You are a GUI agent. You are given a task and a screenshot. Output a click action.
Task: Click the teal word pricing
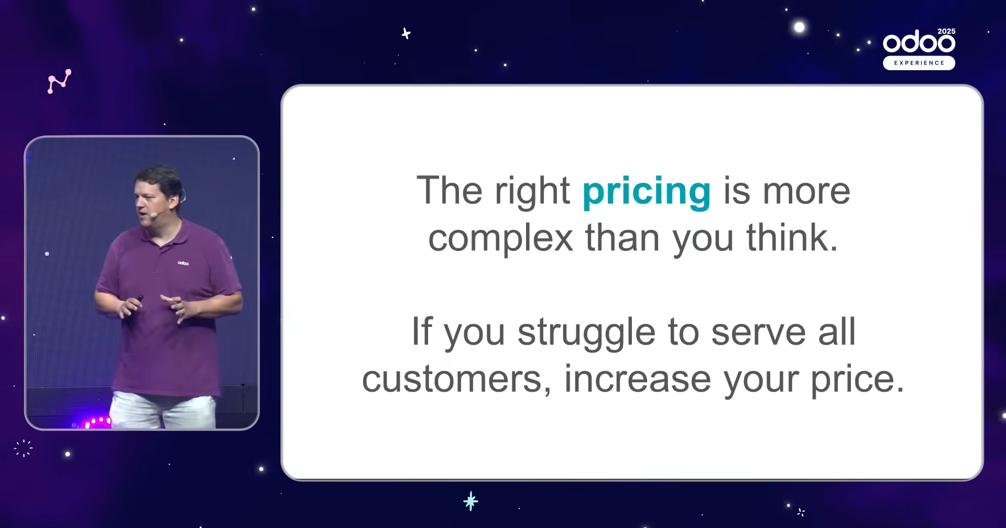pos(647,193)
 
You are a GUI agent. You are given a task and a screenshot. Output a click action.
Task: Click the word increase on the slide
pos(638,379)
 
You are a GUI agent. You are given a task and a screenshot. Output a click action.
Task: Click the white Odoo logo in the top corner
pos(919,42)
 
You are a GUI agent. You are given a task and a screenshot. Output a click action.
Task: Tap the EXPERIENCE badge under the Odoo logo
pos(919,63)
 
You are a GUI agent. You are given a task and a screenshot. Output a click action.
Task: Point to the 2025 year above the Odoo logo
pos(946,31)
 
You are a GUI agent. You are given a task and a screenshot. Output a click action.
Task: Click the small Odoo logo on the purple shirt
pos(183,263)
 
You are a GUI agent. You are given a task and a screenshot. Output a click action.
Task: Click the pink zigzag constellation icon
pos(59,81)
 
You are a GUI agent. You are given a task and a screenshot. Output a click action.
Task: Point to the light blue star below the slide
pos(471,501)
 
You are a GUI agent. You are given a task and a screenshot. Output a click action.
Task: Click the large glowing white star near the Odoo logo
pos(799,27)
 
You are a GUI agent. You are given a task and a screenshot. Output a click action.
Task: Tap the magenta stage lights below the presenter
pos(94,422)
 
